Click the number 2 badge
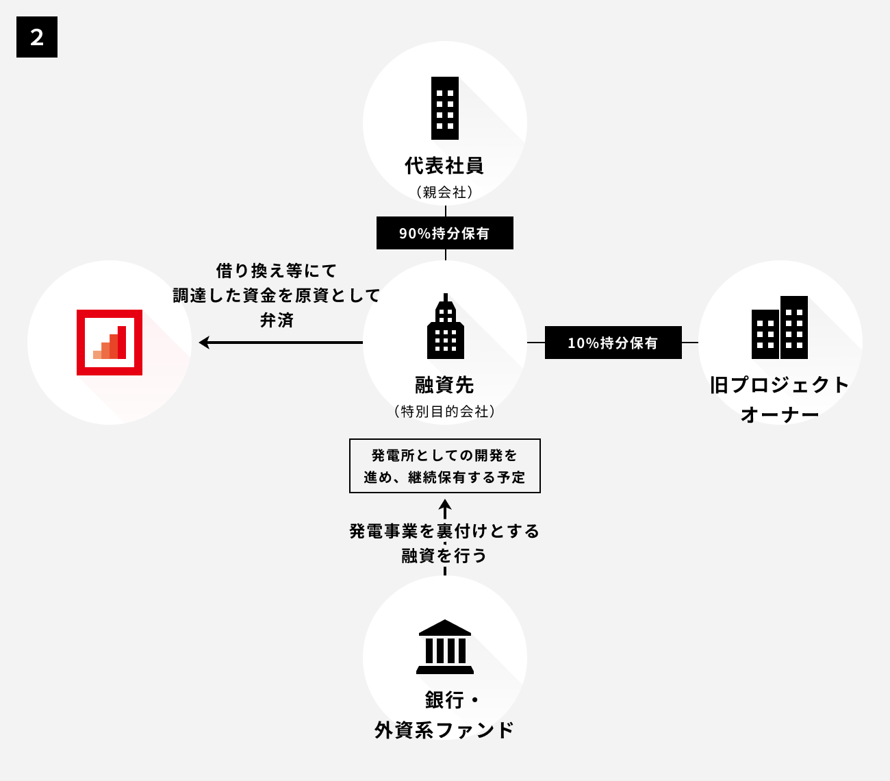click(x=37, y=37)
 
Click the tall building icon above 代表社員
click(x=445, y=108)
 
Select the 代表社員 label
click(x=444, y=166)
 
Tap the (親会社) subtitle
click(x=444, y=193)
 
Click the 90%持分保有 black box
click(x=444, y=233)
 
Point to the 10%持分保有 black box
click(x=613, y=343)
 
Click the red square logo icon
click(x=110, y=343)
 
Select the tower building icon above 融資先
click(x=445, y=327)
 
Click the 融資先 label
click(x=444, y=385)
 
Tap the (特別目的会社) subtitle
click(x=444, y=412)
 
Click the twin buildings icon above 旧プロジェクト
click(x=780, y=327)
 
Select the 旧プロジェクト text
click(x=780, y=385)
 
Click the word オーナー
click(x=780, y=415)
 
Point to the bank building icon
click(x=444, y=647)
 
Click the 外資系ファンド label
click(x=444, y=730)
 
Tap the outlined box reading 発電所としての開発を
click(x=444, y=466)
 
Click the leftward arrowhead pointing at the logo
click(x=204, y=343)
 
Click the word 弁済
click(x=277, y=320)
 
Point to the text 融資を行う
click(x=444, y=555)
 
